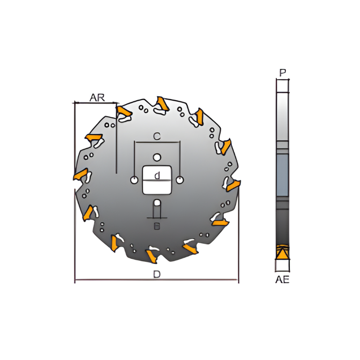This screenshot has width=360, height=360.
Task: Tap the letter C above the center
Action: point(157,136)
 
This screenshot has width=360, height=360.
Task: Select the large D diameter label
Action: point(157,274)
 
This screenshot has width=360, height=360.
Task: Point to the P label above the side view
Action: point(282,72)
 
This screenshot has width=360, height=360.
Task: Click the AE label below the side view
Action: point(282,279)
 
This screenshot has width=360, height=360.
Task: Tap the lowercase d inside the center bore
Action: point(157,176)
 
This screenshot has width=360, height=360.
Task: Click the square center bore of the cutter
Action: point(157,180)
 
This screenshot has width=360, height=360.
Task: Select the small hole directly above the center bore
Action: point(157,157)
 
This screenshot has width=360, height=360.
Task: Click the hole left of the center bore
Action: point(134,180)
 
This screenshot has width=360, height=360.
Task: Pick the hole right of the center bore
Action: point(180,180)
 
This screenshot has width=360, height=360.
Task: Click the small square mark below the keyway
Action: point(157,226)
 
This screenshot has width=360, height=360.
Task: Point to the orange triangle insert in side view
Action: point(282,253)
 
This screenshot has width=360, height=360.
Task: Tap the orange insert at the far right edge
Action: point(233,185)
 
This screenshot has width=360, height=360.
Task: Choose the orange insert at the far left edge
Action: point(80,174)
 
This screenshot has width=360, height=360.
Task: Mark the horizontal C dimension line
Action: point(157,143)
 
